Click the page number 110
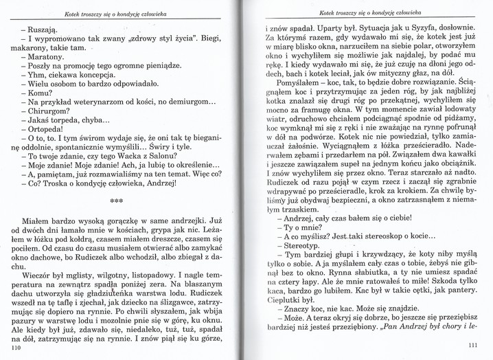pyautogui.click(x=18, y=349)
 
